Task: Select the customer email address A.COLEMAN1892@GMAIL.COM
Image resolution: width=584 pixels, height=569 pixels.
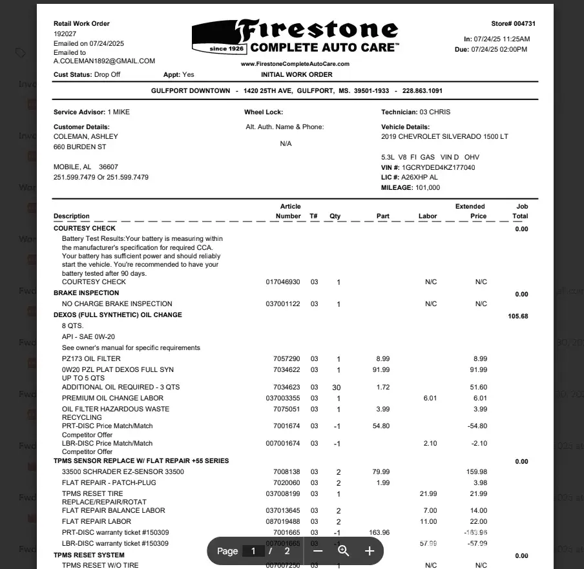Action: click(x=104, y=61)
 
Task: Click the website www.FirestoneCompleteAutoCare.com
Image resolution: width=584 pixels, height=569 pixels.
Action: click(x=295, y=64)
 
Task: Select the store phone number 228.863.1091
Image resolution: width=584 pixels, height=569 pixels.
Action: click(x=418, y=91)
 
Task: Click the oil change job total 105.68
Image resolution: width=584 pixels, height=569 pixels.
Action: click(x=518, y=316)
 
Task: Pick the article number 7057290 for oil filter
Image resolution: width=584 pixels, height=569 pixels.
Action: click(x=287, y=359)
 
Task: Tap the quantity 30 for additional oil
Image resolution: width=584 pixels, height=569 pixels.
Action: click(x=336, y=388)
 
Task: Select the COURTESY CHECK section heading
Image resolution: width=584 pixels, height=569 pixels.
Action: click(x=85, y=229)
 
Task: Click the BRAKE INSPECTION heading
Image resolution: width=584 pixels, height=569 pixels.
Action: click(x=86, y=293)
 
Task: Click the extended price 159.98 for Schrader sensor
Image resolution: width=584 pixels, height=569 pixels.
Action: click(x=477, y=472)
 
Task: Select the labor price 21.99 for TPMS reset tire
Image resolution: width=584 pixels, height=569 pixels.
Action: click(x=428, y=494)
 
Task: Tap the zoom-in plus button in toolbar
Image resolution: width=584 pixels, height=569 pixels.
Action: click(x=370, y=551)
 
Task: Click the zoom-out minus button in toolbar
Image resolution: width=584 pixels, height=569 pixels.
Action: click(x=318, y=551)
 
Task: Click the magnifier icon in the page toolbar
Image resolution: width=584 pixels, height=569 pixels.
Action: click(x=344, y=551)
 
